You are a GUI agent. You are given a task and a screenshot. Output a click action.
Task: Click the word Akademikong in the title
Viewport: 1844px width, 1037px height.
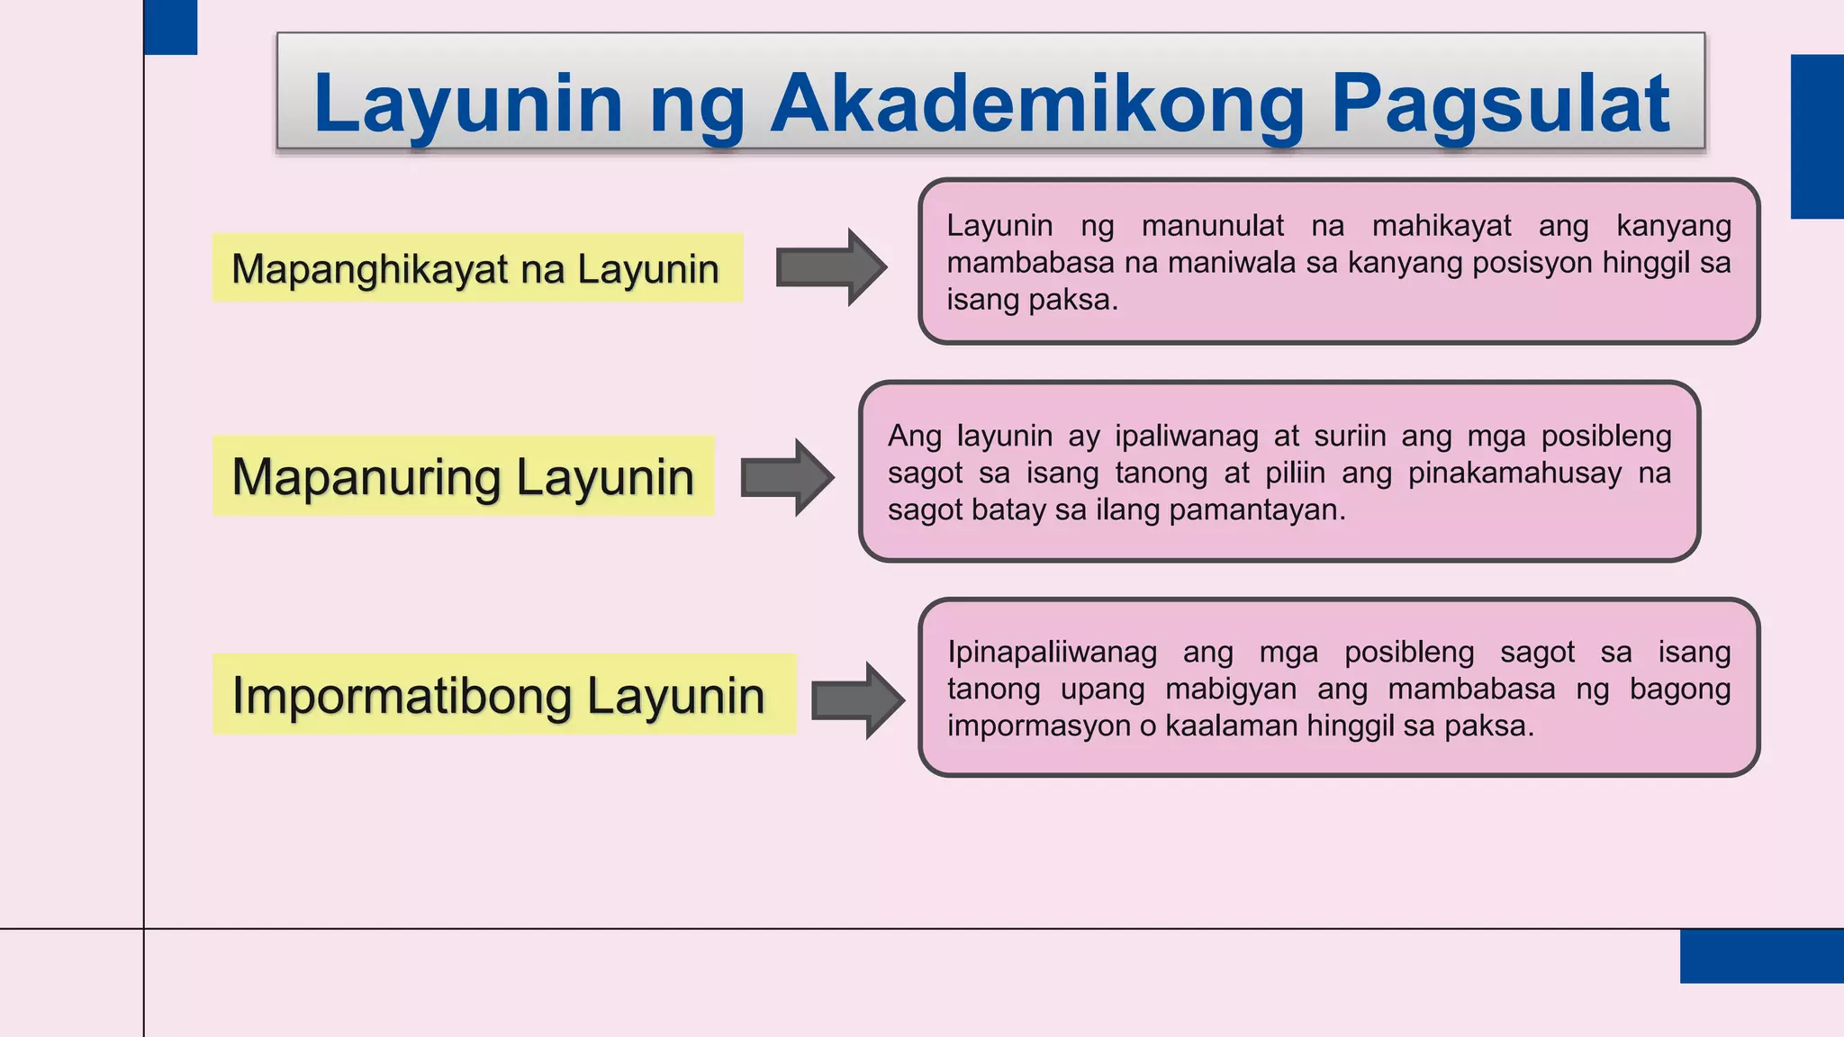point(1036,104)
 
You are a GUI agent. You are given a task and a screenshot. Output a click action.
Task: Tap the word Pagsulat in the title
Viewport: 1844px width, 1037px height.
point(1500,104)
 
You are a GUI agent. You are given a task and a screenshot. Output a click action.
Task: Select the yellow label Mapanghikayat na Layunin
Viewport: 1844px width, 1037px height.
point(477,268)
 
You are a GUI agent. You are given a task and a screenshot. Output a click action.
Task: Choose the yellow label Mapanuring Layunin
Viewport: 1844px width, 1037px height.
point(463,476)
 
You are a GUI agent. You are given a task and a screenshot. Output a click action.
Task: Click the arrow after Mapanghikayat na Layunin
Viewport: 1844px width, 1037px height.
point(831,267)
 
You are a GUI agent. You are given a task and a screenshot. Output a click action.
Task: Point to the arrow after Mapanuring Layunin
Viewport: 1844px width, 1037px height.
point(787,477)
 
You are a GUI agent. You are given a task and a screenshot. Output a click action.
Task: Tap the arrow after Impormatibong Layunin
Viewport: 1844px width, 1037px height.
point(857,700)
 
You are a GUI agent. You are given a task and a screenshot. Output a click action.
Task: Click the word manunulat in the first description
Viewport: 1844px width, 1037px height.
point(1213,225)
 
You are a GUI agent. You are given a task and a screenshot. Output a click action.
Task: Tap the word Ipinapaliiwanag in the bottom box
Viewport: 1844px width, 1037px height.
point(1052,652)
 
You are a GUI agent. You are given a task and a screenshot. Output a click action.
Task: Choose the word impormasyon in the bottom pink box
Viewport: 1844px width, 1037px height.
point(1038,726)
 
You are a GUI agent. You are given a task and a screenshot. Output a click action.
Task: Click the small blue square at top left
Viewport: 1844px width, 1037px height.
point(170,27)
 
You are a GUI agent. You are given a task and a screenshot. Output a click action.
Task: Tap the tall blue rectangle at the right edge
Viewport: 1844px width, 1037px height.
point(1817,136)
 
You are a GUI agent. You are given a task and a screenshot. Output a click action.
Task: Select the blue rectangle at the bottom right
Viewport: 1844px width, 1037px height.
point(1761,955)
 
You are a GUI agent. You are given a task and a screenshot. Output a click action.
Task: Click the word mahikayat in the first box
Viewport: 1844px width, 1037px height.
point(1441,225)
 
